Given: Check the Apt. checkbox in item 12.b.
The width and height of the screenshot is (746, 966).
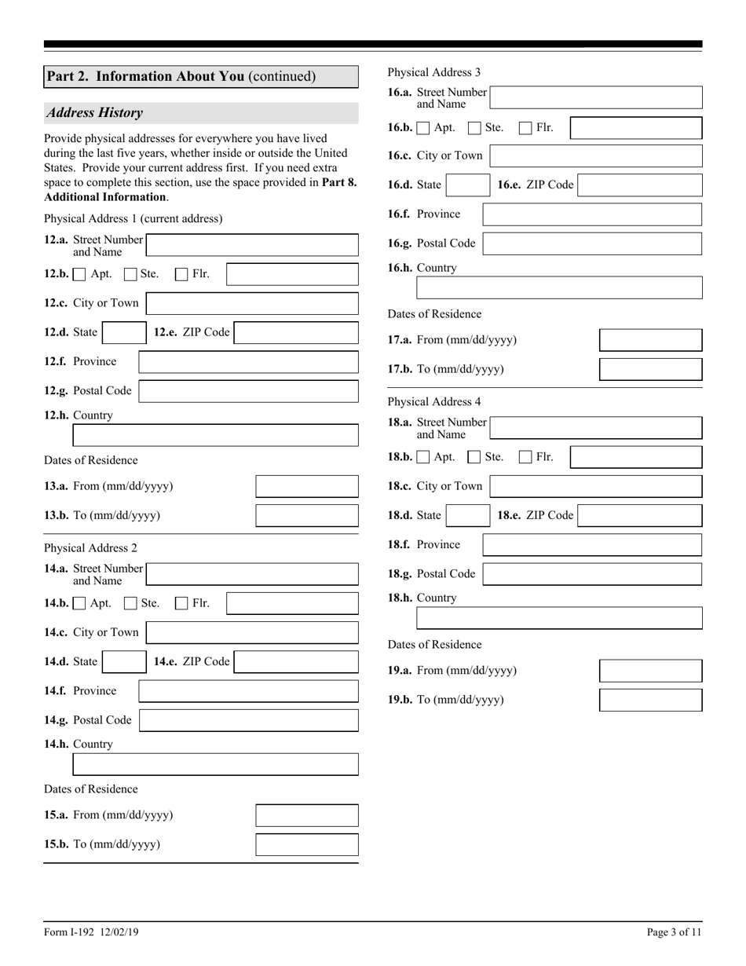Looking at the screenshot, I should click(x=79, y=275).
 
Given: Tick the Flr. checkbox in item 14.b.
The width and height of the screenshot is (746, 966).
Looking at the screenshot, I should click(x=181, y=604).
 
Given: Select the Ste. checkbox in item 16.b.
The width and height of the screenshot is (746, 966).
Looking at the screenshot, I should click(x=474, y=128).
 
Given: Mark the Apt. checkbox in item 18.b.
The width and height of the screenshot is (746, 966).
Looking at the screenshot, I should click(x=423, y=457).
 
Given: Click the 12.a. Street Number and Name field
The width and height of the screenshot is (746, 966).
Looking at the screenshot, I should click(x=252, y=245).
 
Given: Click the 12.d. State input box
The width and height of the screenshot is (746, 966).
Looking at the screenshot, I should click(x=124, y=333).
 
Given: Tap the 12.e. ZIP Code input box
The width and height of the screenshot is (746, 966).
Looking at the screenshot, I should click(x=296, y=333).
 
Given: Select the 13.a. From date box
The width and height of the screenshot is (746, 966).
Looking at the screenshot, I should click(x=307, y=487).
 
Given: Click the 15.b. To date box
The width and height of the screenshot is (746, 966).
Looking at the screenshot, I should click(x=307, y=845).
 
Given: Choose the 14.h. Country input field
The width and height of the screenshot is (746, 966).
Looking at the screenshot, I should click(x=215, y=765).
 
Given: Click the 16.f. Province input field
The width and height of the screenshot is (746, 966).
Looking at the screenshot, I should click(x=592, y=214).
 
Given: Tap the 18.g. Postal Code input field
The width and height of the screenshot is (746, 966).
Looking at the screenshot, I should click(x=592, y=574).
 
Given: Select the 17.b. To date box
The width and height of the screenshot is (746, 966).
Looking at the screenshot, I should click(x=650, y=369).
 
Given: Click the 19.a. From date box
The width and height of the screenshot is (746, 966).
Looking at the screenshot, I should click(x=650, y=671).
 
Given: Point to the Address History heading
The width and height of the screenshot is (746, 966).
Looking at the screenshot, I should click(x=94, y=113).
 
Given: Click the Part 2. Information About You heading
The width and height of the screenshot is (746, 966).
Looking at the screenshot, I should click(x=181, y=76).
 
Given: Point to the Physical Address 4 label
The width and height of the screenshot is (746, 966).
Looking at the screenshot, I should click(x=434, y=402).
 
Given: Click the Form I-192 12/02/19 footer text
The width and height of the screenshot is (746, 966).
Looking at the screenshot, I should click(x=91, y=932).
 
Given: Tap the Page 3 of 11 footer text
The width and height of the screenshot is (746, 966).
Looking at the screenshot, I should click(x=674, y=932).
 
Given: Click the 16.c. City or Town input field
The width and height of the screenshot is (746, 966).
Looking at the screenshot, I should click(x=595, y=156).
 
